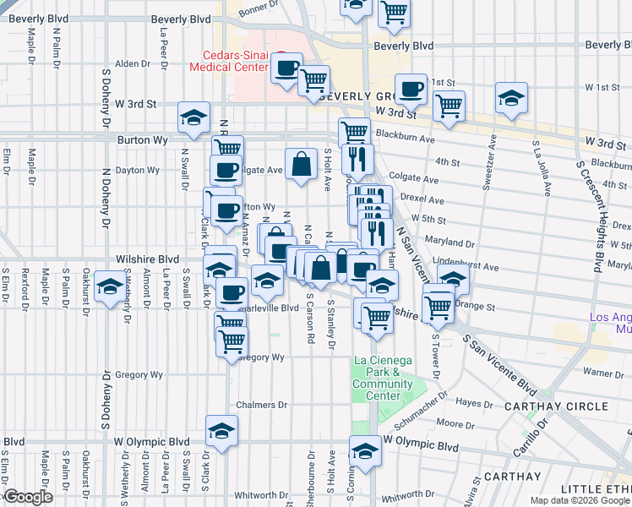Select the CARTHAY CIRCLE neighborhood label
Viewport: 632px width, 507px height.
pyautogui.click(x=567, y=406)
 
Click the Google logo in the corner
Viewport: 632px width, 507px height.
pyautogui.click(x=28, y=498)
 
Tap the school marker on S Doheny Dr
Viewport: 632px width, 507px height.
pyautogui.click(x=109, y=287)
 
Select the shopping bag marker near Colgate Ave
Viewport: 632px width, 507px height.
pyautogui.click(x=302, y=165)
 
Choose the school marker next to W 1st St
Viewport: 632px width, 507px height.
pyautogui.click(x=511, y=98)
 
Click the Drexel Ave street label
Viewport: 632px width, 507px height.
pyautogui.click(x=423, y=200)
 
